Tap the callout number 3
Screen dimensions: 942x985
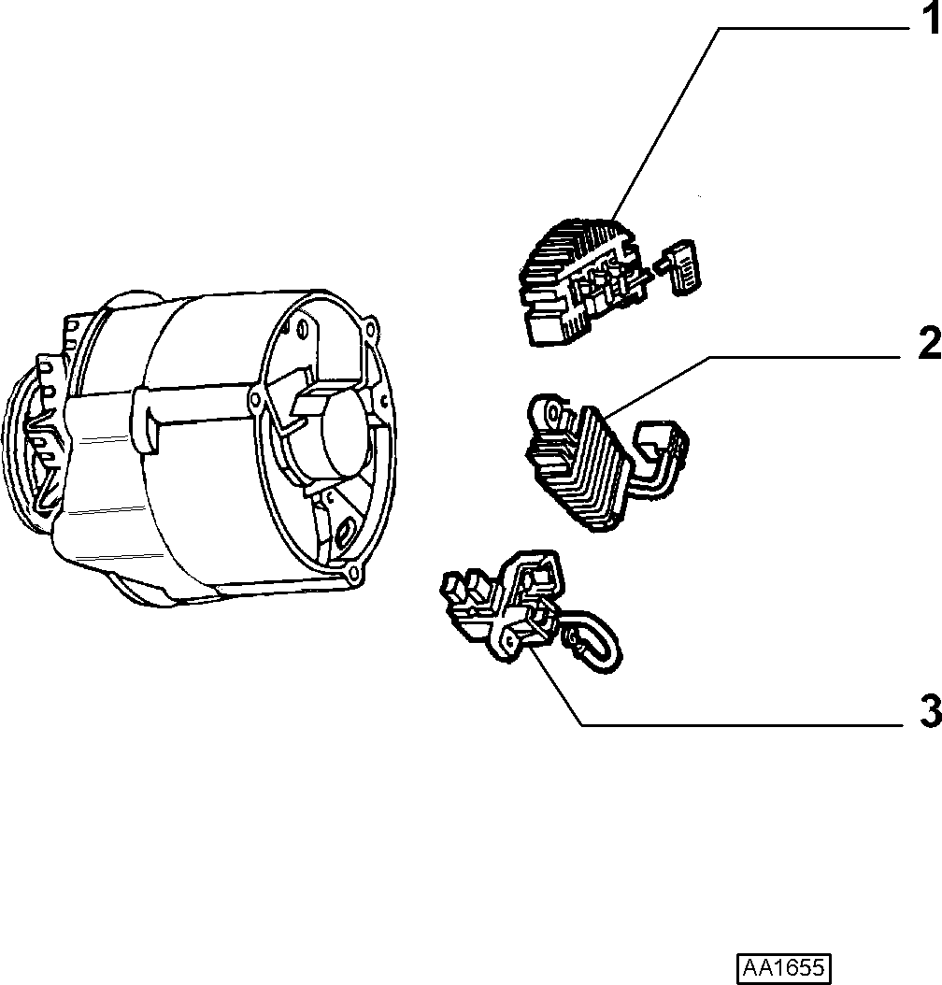[931, 710]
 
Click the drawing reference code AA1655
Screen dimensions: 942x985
[784, 966]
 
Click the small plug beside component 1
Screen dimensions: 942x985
[679, 267]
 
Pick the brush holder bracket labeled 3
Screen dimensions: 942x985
[503, 603]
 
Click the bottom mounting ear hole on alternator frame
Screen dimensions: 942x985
[353, 572]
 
